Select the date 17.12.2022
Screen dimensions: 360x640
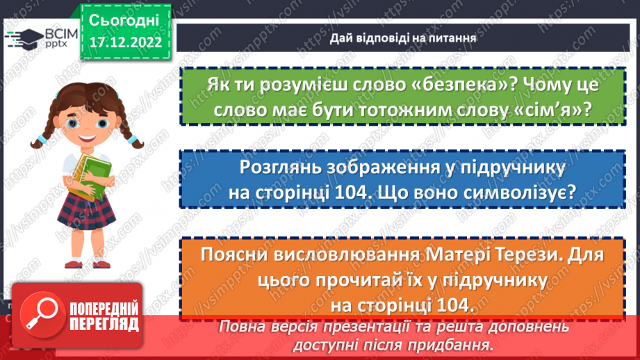point(125,42)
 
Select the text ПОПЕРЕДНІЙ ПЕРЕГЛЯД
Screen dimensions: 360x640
point(104,315)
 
